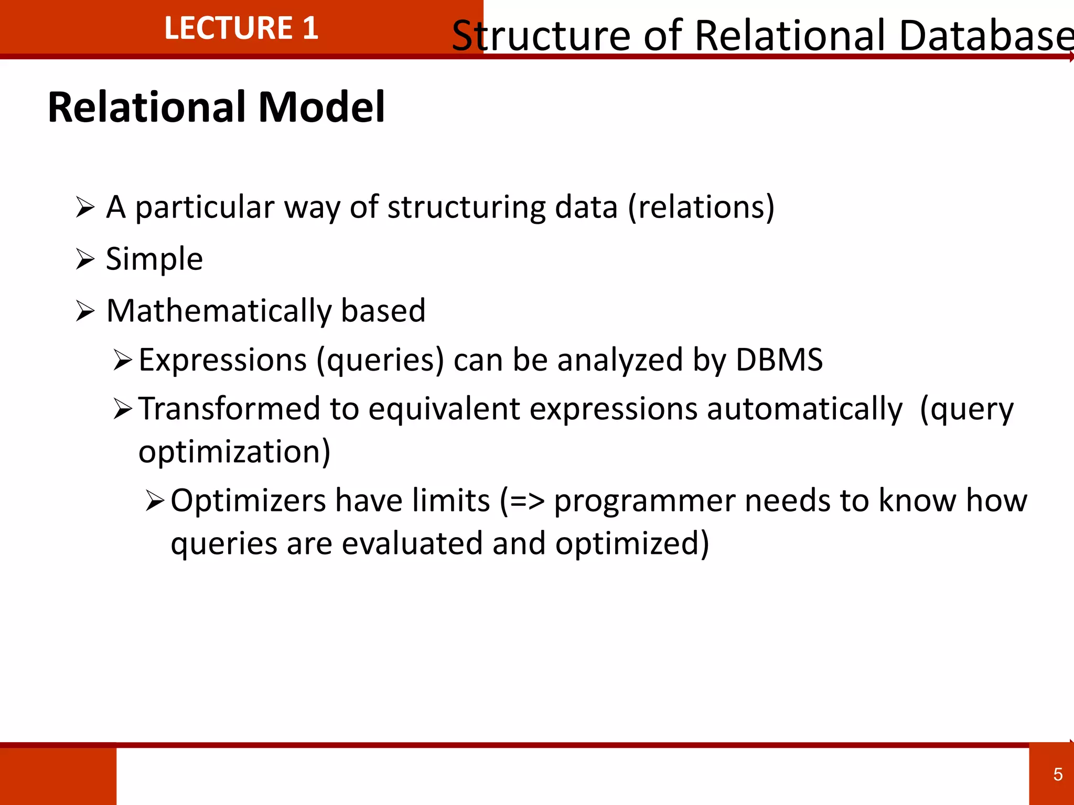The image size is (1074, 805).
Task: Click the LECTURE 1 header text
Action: coord(241,28)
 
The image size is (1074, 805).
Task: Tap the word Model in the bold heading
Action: coord(321,107)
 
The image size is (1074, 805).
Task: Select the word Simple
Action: coord(154,259)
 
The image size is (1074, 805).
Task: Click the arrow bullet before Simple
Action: coord(85,259)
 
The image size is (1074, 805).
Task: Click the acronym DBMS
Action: coord(779,360)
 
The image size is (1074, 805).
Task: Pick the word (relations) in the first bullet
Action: coord(701,208)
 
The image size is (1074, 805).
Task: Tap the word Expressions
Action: coord(222,361)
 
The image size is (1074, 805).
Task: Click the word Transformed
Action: coord(229,409)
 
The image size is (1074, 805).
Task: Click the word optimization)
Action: coord(234,452)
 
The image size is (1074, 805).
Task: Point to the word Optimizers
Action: coord(248,501)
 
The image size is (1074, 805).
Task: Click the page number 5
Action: coord(1058,774)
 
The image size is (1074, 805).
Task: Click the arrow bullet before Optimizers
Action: coord(155,501)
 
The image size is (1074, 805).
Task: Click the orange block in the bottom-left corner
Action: coord(58,776)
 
